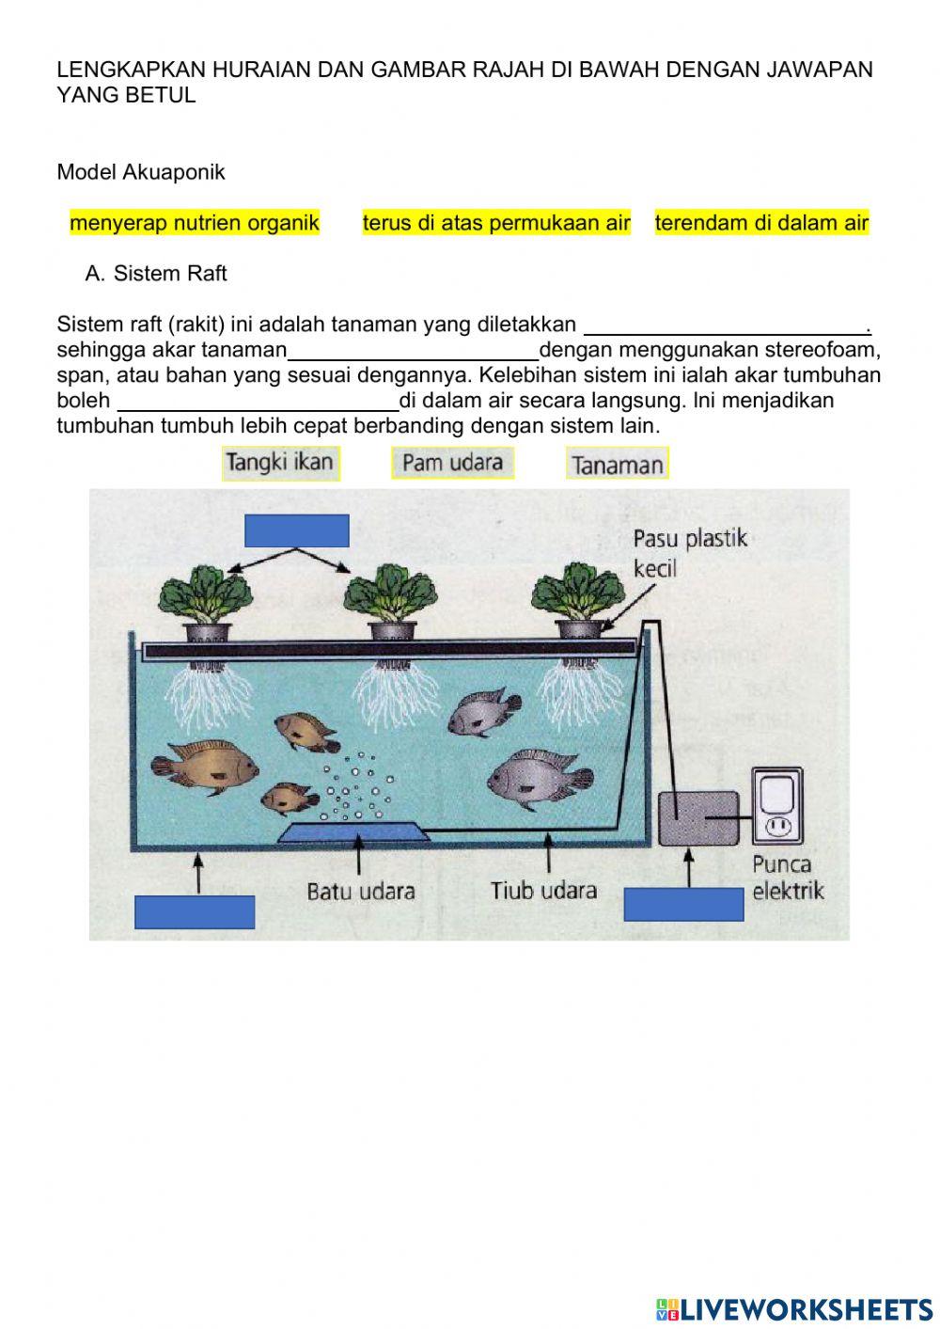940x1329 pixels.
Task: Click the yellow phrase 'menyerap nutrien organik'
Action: click(195, 223)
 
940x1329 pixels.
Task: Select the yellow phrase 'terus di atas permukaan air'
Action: click(496, 223)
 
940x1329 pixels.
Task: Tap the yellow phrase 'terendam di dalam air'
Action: click(761, 223)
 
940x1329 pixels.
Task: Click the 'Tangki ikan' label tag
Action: click(281, 463)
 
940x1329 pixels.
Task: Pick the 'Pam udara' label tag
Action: click(452, 463)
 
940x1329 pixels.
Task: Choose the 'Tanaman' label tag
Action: click(617, 465)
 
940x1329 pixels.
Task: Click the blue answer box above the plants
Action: click(296, 530)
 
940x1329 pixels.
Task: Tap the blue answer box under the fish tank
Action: click(195, 911)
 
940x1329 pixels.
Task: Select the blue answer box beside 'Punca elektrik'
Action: click(683, 904)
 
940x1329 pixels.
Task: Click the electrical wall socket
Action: click(776, 805)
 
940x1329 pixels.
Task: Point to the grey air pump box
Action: click(697, 817)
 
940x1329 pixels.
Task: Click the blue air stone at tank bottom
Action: click(355, 831)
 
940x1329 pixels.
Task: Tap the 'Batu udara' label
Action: click(361, 891)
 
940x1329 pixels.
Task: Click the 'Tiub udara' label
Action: click(543, 890)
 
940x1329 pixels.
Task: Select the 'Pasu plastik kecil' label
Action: click(690, 553)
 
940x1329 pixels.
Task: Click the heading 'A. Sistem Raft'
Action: click(156, 274)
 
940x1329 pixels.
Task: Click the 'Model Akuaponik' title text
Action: click(141, 172)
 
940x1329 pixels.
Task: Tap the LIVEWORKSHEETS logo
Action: click(794, 1308)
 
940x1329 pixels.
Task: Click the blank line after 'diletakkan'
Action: click(728, 326)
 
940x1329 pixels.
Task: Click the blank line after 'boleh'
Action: click(258, 403)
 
